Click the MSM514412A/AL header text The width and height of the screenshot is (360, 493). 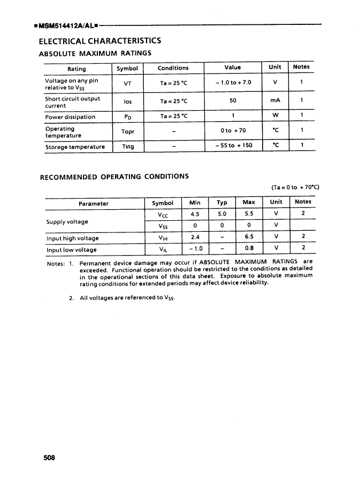coord(66,25)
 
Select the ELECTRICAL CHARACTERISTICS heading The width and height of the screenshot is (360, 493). coord(100,41)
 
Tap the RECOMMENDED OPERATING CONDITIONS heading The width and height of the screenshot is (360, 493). coord(114,177)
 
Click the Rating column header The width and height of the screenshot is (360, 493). coord(76,69)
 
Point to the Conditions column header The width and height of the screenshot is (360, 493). coord(173,68)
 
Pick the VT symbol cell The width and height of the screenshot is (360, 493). coord(128,83)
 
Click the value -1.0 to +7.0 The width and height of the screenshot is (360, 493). coord(233,82)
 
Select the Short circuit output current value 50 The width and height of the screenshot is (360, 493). coord(233,101)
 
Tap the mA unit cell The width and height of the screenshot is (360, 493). coord(275,101)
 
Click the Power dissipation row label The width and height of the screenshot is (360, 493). coord(70,117)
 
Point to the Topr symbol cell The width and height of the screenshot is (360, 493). coord(128,132)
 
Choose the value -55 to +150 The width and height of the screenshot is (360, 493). coord(233,146)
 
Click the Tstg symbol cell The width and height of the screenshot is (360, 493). coord(128,147)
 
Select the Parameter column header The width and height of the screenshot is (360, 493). coord(93,204)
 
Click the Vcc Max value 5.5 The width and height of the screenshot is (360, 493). coord(249,214)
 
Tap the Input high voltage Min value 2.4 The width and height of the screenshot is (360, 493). coord(195,238)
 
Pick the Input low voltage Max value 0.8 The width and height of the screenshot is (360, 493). coord(249,249)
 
